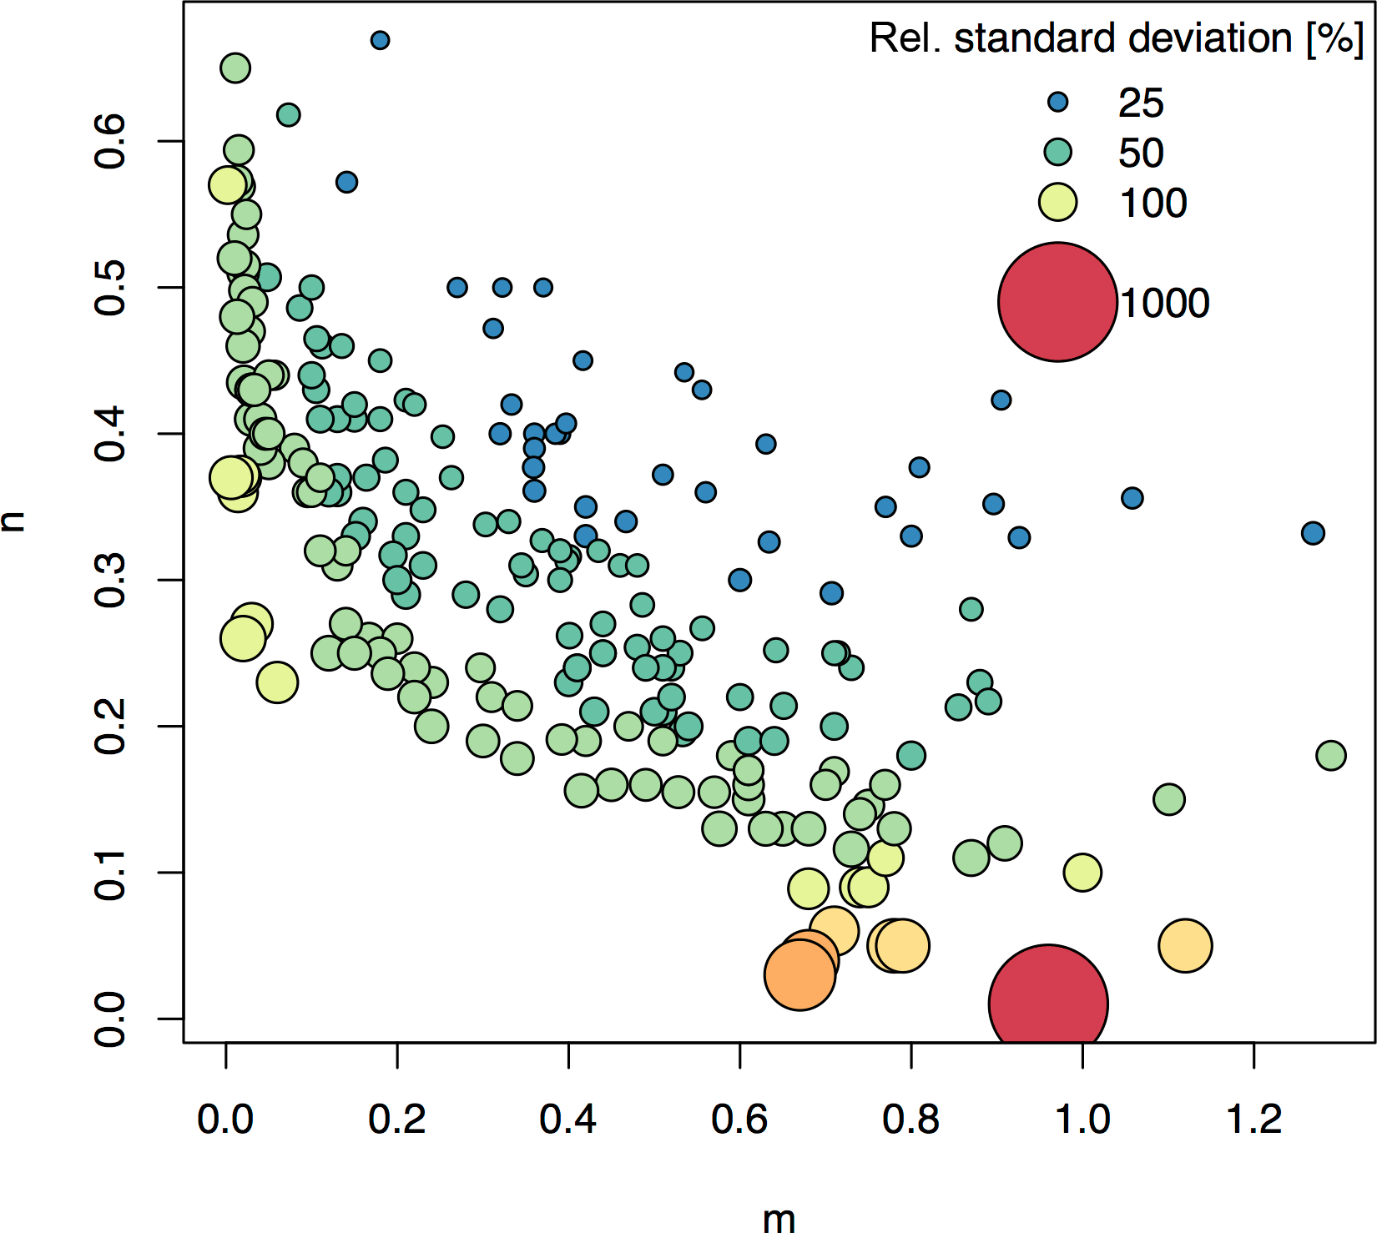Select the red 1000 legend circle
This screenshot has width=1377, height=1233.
(x=1057, y=302)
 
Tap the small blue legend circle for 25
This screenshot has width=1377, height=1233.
(x=1057, y=103)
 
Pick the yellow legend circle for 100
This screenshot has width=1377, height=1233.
(x=1057, y=203)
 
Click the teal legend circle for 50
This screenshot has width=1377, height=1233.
(x=1057, y=152)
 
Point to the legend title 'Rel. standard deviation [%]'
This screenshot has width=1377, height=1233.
(x=1116, y=38)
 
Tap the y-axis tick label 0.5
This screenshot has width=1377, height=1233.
(x=111, y=288)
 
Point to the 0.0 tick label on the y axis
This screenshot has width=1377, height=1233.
(x=111, y=1019)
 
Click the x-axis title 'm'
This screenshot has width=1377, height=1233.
(x=779, y=1219)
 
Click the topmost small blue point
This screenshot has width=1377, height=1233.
(x=380, y=40)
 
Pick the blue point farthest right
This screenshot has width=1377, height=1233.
(x=1313, y=533)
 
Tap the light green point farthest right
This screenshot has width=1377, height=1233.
(x=1330, y=756)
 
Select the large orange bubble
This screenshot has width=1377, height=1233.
(x=799, y=974)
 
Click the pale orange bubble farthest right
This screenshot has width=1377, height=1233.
(x=1184, y=945)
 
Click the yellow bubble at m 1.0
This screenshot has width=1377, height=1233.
(x=1082, y=873)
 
